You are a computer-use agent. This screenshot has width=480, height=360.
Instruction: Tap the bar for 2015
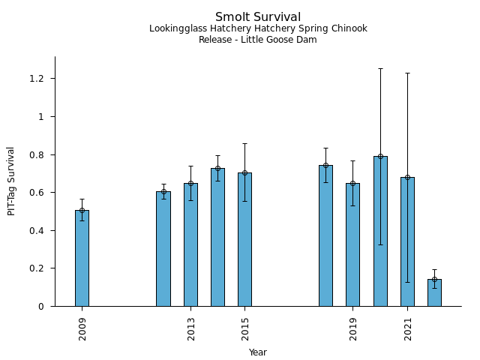point(244,239)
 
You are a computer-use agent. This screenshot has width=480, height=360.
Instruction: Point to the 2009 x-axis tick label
point(82,328)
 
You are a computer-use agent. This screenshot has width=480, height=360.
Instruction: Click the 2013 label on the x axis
point(191,328)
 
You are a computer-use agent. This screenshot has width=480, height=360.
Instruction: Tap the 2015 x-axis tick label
point(245,328)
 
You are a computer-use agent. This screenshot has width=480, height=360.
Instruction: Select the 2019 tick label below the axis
point(353,328)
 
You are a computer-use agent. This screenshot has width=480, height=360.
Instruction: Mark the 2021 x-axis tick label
point(408,328)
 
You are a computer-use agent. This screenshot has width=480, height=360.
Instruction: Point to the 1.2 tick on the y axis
point(37,79)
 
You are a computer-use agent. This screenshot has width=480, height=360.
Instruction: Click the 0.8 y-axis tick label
point(37,154)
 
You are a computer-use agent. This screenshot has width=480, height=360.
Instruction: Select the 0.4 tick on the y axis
point(37,230)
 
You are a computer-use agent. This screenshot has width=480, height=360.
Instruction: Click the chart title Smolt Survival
point(258,16)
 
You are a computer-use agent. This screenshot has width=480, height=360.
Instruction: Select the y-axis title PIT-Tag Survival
point(11,181)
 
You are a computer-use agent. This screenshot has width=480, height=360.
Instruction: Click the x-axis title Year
point(258,352)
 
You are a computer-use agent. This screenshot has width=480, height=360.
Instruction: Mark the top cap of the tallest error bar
point(380,68)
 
